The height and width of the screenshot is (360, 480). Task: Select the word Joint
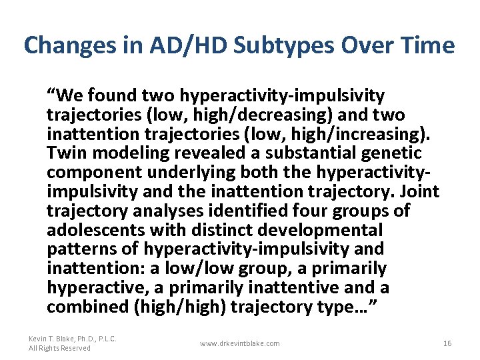(419, 191)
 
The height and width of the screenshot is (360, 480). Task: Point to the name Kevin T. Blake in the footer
(53, 339)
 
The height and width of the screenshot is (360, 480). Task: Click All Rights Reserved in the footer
(60, 348)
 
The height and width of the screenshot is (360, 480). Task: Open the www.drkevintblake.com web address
(240, 343)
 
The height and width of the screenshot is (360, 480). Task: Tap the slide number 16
(447, 343)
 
